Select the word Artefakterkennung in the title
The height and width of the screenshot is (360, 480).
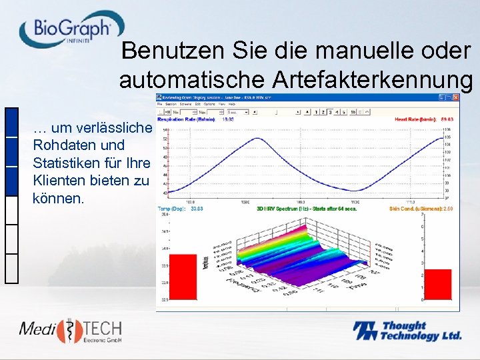[x=373, y=80]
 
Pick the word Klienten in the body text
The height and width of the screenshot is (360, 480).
[x=58, y=180]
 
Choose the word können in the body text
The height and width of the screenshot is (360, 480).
[x=58, y=198]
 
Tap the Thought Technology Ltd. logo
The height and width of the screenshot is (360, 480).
[x=407, y=331]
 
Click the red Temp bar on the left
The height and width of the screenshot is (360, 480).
[x=183, y=276]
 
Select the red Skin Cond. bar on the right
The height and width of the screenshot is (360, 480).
[x=438, y=284]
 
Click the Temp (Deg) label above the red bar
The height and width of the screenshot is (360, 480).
[x=173, y=209]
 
